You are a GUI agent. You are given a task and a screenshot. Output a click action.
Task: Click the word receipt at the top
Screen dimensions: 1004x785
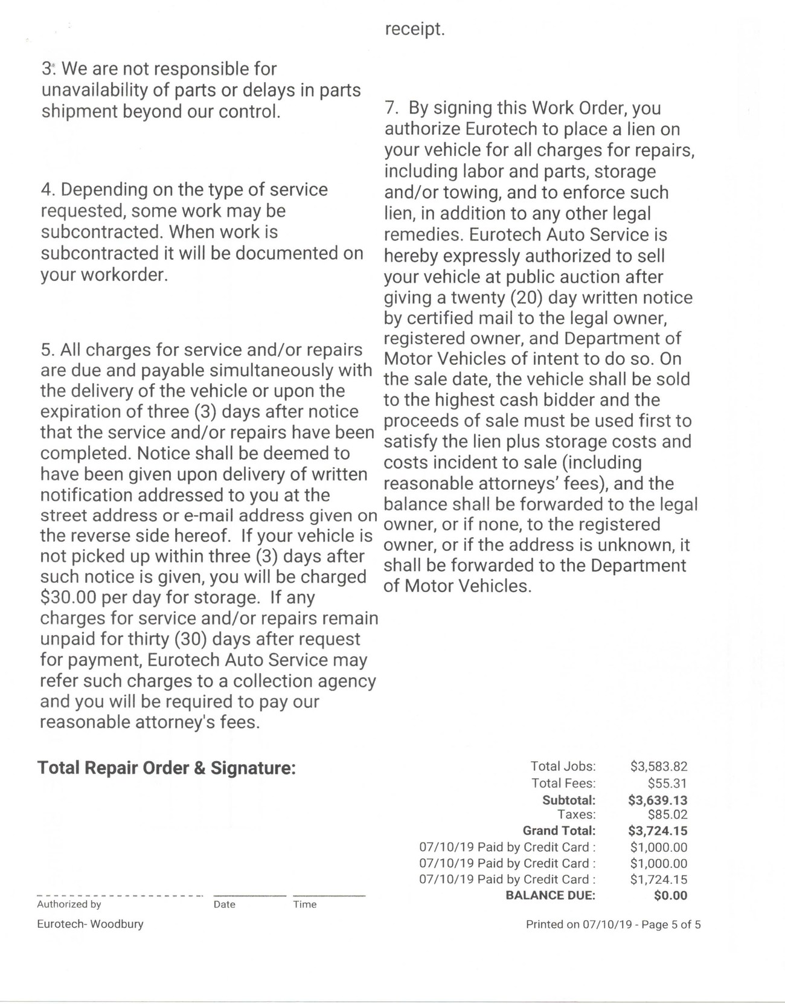click(414, 29)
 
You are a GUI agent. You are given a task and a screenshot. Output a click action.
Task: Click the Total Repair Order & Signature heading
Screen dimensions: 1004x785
click(167, 768)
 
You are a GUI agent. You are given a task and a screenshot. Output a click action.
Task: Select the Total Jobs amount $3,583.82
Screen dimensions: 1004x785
click(658, 767)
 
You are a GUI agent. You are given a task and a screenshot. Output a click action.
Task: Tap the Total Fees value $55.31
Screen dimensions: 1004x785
click(667, 784)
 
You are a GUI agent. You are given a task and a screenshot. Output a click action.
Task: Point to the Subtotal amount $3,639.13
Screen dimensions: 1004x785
click(658, 800)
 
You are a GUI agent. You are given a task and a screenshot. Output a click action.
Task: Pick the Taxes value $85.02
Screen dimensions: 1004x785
click(667, 814)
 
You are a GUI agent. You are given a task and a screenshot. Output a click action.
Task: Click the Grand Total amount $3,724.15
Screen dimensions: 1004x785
click(658, 831)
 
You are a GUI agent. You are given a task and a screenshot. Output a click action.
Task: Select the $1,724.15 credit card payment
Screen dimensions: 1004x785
click(658, 880)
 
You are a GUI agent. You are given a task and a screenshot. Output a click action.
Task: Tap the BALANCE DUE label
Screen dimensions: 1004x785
click(550, 895)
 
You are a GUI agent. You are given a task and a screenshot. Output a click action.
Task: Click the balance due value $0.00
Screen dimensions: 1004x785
click(670, 895)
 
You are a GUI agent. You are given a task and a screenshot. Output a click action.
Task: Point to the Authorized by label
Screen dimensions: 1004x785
click(69, 904)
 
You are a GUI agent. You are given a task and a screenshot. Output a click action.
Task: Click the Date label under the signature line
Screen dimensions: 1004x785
click(224, 904)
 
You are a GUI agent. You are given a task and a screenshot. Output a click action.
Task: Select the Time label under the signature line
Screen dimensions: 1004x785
click(305, 904)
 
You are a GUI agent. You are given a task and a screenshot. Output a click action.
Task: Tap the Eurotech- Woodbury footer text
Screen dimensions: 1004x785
click(90, 924)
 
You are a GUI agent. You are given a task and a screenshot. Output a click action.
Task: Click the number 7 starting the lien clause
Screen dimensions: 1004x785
click(390, 108)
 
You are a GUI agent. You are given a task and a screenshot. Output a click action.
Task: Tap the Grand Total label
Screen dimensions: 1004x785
click(559, 831)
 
